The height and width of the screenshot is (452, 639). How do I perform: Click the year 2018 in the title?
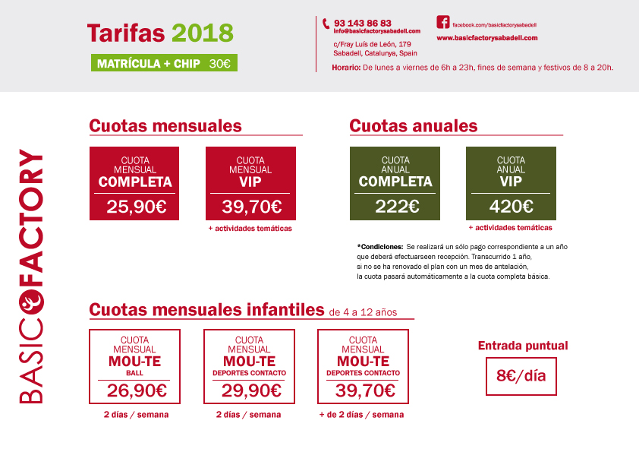coord(203,33)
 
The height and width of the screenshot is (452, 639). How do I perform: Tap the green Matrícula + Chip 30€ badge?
coord(164,65)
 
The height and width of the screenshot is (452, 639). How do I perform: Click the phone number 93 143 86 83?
coord(362,23)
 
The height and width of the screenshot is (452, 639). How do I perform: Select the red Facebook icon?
coord(443,22)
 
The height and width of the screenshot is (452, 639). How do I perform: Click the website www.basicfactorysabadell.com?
coord(486,37)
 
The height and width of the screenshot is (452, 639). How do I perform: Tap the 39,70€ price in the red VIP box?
coord(251,206)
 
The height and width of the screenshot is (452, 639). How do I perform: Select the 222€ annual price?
coord(395,206)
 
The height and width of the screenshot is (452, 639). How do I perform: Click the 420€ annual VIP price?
coord(511,206)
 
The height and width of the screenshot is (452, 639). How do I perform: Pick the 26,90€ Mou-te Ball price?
coord(135,390)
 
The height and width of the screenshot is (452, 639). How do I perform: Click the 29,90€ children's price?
coord(250,390)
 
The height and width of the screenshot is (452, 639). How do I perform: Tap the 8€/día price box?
coord(521,376)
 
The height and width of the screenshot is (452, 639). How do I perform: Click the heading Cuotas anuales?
coord(413,126)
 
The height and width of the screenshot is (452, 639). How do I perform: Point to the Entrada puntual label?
coord(522,346)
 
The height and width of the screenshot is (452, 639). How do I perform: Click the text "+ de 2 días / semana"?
coord(361,415)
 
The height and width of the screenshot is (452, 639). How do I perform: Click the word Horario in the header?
coord(346,68)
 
